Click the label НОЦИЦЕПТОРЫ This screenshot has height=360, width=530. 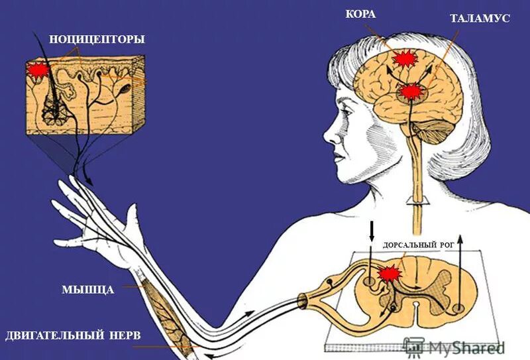[x=96, y=39]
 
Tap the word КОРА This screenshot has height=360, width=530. [x=360, y=15]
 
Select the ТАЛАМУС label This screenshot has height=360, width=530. [x=480, y=19]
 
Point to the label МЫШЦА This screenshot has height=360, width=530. [x=88, y=290]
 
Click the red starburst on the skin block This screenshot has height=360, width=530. [x=38, y=69]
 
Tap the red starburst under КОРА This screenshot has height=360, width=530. [x=404, y=59]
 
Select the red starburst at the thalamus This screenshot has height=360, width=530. [x=412, y=91]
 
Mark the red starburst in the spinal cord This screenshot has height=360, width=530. [x=390, y=272]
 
